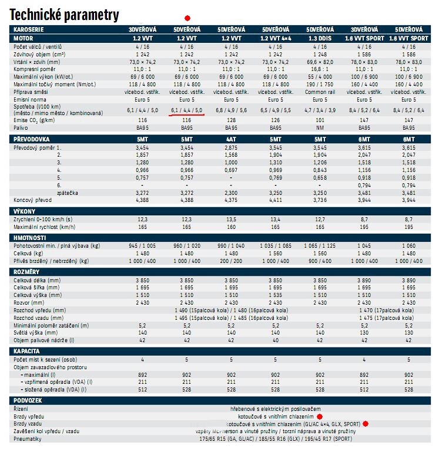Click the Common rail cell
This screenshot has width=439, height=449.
pyautogui.click(x=320, y=92)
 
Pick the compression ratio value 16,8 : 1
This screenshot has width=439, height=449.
pyautogui.click(x=320, y=69)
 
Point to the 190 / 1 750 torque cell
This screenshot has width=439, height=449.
pyautogui.click(x=320, y=84)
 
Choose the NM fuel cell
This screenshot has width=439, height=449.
pyautogui.click(x=320, y=127)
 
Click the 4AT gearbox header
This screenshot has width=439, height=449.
pyautogui.click(x=231, y=139)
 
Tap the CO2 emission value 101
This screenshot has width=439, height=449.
pyautogui.click(x=320, y=120)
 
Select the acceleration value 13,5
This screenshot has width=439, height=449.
pyautogui.click(x=231, y=218)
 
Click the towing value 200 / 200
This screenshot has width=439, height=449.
pyautogui.click(x=231, y=261)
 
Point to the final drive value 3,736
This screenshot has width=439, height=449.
pyautogui.click(x=320, y=200)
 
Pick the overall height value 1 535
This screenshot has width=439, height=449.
pyautogui.click(x=276, y=295)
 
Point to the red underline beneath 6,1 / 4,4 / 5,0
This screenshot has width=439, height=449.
pyautogui.click(x=187, y=115)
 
